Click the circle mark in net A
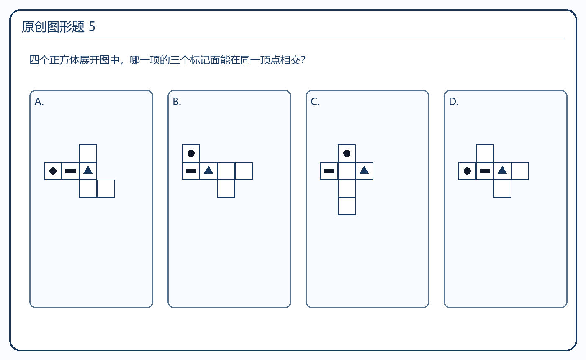(53, 171)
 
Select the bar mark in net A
(70, 171)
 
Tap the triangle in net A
(88, 170)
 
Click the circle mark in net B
(191, 153)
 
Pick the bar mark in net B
(191, 171)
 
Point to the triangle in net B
(208, 170)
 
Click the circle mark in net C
(347, 153)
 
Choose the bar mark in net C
(329, 171)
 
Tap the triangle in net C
(364, 170)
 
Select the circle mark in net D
(467, 171)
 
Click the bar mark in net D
(485, 171)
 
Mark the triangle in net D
(502, 170)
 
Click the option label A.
(39, 101)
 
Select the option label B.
(177, 101)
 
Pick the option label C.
(315, 101)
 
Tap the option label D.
(454, 101)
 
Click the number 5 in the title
(92, 27)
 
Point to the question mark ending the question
(303, 60)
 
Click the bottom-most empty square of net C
(347, 206)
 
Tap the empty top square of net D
(485, 153)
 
